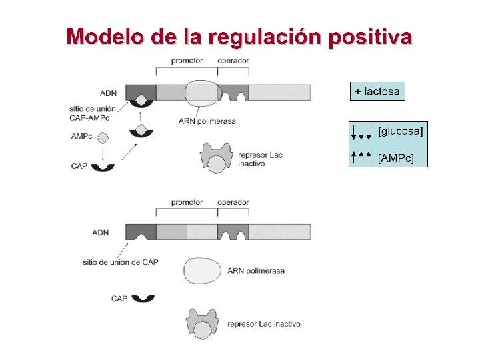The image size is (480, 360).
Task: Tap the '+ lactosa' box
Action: point(377,91)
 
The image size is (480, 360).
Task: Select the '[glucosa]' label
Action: point(400,131)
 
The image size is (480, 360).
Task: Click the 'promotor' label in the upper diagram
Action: point(187,61)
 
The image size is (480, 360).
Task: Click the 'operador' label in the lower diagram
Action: point(233,202)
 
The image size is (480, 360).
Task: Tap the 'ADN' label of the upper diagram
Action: point(109,93)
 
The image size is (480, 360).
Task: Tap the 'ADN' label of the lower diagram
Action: point(100,233)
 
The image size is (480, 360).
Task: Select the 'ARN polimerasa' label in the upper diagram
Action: point(207,121)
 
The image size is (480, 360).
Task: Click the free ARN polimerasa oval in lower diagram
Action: point(203,270)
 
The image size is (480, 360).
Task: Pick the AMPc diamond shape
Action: point(103,137)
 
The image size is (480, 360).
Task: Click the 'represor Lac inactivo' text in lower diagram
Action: point(264,324)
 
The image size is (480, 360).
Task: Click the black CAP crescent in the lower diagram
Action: point(143,298)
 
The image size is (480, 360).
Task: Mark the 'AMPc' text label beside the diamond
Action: point(81,137)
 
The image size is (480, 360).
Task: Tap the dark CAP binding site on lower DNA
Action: point(141,231)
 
